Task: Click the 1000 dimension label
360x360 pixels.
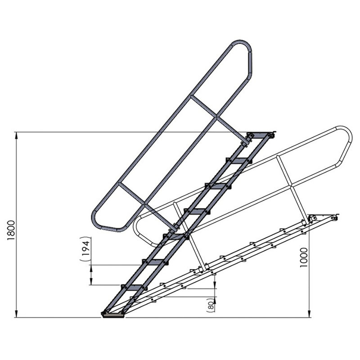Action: tap(304, 257)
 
